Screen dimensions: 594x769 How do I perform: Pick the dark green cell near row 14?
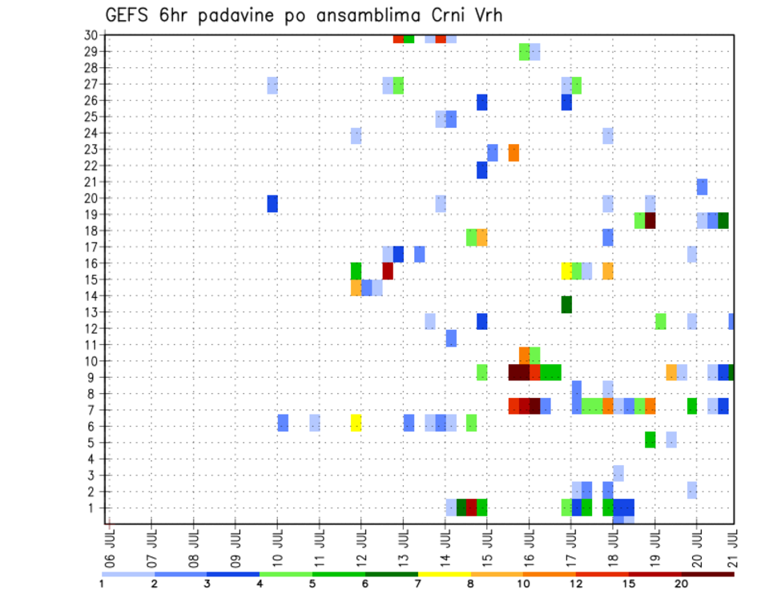[566, 304]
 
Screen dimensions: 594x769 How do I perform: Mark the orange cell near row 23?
[513, 152]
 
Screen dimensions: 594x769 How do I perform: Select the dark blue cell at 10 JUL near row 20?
[272, 203]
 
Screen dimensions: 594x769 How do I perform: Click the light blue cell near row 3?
[618, 473]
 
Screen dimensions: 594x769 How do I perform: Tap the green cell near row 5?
[650, 439]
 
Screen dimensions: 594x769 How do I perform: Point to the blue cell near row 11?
[451, 338]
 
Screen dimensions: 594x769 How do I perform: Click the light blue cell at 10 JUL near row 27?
[272, 85]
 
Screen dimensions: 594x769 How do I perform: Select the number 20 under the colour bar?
[681, 583]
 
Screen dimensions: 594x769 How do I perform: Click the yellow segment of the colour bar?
[445, 574]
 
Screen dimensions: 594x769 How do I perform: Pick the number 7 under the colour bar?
[418, 583]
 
